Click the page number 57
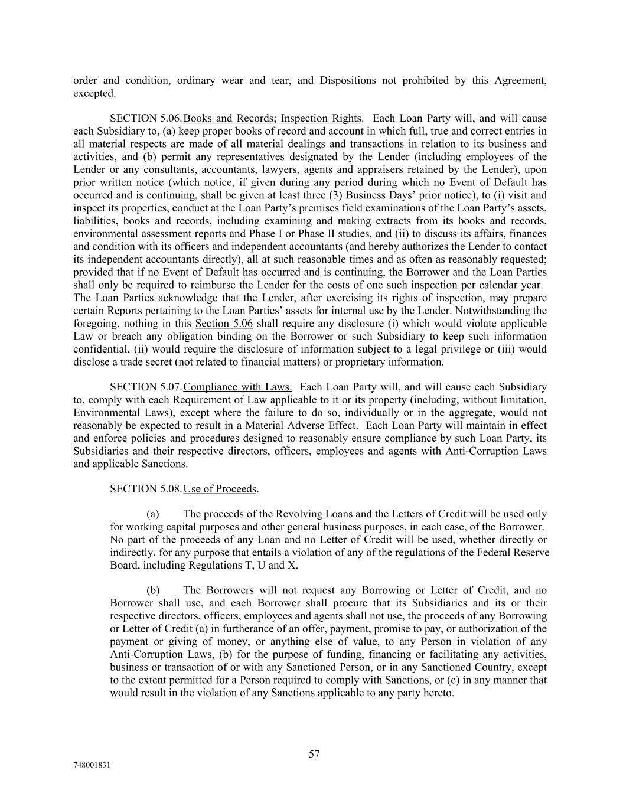pos(314,754)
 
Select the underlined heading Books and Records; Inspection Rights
pos(272,119)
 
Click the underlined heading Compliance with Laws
pos(237,387)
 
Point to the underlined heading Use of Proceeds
pos(220,489)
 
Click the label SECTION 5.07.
pos(145,387)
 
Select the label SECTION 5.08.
pos(145,489)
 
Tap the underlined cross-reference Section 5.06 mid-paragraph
pos(224,324)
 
